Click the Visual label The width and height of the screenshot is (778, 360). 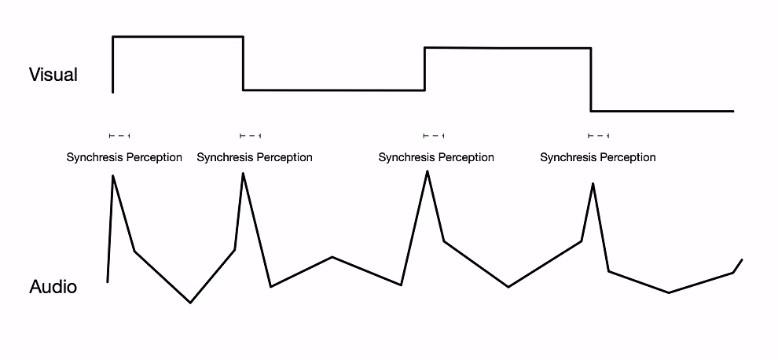click(x=53, y=75)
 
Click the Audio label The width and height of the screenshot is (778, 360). click(x=53, y=287)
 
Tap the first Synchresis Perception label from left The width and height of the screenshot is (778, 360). click(x=124, y=157)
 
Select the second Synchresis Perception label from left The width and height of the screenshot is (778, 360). click(x=255, y=157)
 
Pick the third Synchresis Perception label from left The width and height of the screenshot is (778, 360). click(x=436, y=157)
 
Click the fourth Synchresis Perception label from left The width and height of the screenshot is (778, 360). click(x=598, y=157)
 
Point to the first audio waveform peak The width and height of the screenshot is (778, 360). click(x=113, y=176)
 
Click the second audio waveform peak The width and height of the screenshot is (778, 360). click(x=243, y=174)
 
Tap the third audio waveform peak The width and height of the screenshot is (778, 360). click(x=428, y=171)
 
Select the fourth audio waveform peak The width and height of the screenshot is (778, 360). click(x=593, y=184)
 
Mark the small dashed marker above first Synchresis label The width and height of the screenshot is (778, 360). click(x=119, y=136)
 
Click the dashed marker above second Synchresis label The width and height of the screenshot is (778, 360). click(x=250, y=136)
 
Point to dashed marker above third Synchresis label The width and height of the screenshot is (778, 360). click(x=434, y=136)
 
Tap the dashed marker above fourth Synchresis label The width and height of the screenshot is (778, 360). click(x=599, y=136)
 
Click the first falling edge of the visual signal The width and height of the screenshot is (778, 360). click(x=243, y=63)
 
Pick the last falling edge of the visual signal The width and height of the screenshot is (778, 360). click(x=591, y=79)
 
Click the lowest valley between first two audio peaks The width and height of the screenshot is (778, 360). click(x=190, y=302)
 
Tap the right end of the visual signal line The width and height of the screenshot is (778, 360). click(x=732, y=111)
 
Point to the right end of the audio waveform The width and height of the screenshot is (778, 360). click(x=741, y=259)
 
